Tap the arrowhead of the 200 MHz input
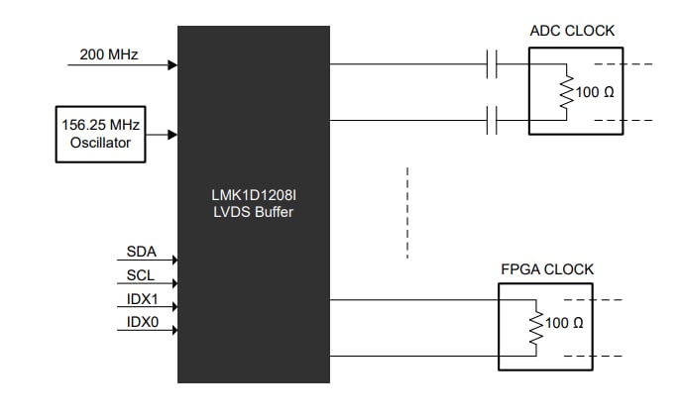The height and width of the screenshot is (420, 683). [172, 65]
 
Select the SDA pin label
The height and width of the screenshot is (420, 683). [142, 253]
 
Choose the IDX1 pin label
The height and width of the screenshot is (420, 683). [142, 298]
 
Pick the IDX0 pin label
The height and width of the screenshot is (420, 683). [142, 321]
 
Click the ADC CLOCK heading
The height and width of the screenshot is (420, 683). [572, 31]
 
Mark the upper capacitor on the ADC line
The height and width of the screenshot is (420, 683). [492, 65]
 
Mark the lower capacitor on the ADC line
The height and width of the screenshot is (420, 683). [492, 121]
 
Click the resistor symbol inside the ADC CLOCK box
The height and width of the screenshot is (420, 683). [566, 93]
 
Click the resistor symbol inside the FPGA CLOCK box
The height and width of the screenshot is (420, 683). [536, 327]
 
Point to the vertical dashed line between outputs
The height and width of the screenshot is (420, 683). [407, 213]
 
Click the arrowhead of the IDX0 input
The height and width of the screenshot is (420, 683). [172, 331]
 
